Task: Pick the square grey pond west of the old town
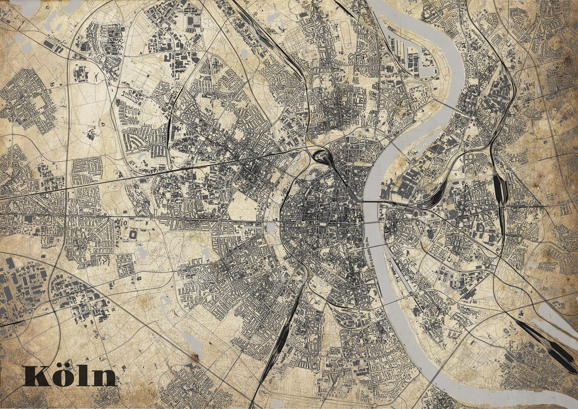[x=271, y=227]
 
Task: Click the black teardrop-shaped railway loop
[x=321, y=156]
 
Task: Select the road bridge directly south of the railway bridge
[x=372, y=222]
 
